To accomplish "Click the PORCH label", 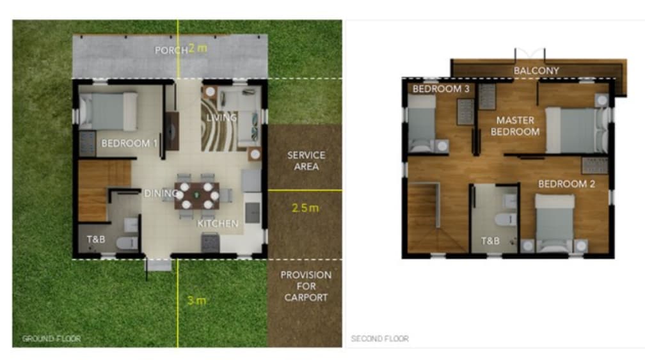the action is pyautogui.click(x=171, y=50).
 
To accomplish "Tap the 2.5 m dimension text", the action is pyautogui.click(x=305, y=208).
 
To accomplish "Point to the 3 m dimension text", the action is pyautogui.click(x=196, y=301).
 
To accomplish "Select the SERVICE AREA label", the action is pyautogui.click(x=306, y=160).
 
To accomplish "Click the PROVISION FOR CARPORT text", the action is pyautogui.click(x=306, y=286).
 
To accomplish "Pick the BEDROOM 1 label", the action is pyautogui.click(x=129, y=143).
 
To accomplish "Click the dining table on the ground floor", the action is pyautogui.click(x=196, y=195).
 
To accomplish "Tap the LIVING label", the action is pyautogui.click(x=221, y=118).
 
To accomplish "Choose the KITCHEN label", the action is pyautogui.click(x=218, y=224).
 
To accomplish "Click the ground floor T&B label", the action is pyautogui.click(x=96, y=239).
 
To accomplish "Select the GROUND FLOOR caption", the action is pyautogui.click(x=51, y=339).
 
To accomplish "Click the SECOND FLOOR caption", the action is pyautogui.click(x=379, y=339).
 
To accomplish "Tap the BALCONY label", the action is pyautogui.click(x=536, y=71).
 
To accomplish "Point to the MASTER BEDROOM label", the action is pyautogui.click(x=515, y=126).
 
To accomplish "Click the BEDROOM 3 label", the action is pyautogui.click(x=441, y=89).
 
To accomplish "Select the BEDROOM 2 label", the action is pyautogui.click(x=566, y=184).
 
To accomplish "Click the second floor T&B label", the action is pyautogui.click(x=490, y=241).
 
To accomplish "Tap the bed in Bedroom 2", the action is pyautogui.click(x=555, y=223).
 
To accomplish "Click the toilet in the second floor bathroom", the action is pyautogui.click(x=506, y=219).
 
